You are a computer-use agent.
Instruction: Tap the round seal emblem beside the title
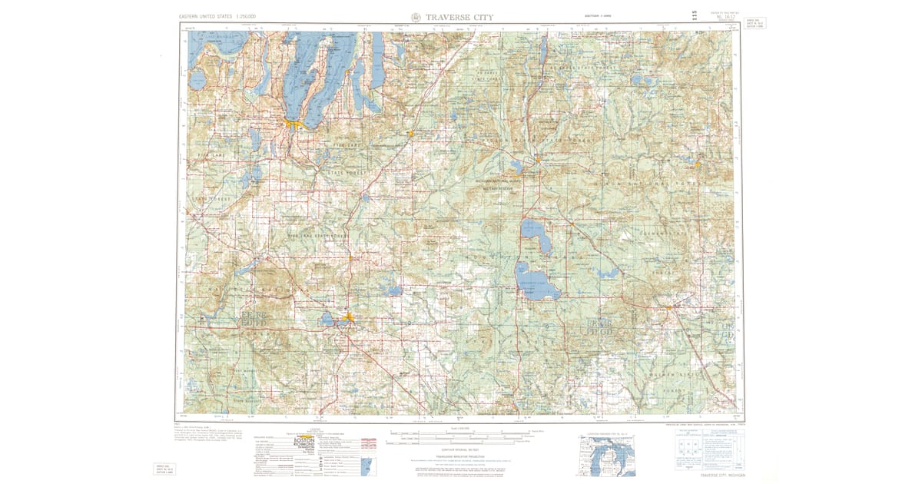click(x=416, y=17)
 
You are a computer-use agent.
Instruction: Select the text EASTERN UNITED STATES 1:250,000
click(x=217, y=16)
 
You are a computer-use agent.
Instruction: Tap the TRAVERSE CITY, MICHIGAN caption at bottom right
click(x=710, y=475)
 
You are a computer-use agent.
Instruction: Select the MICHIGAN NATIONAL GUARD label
click(x=497, y=182)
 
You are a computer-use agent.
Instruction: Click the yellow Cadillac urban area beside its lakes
click(x=348, y=317)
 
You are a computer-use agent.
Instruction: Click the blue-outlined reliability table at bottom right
click(x=706, y=449)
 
